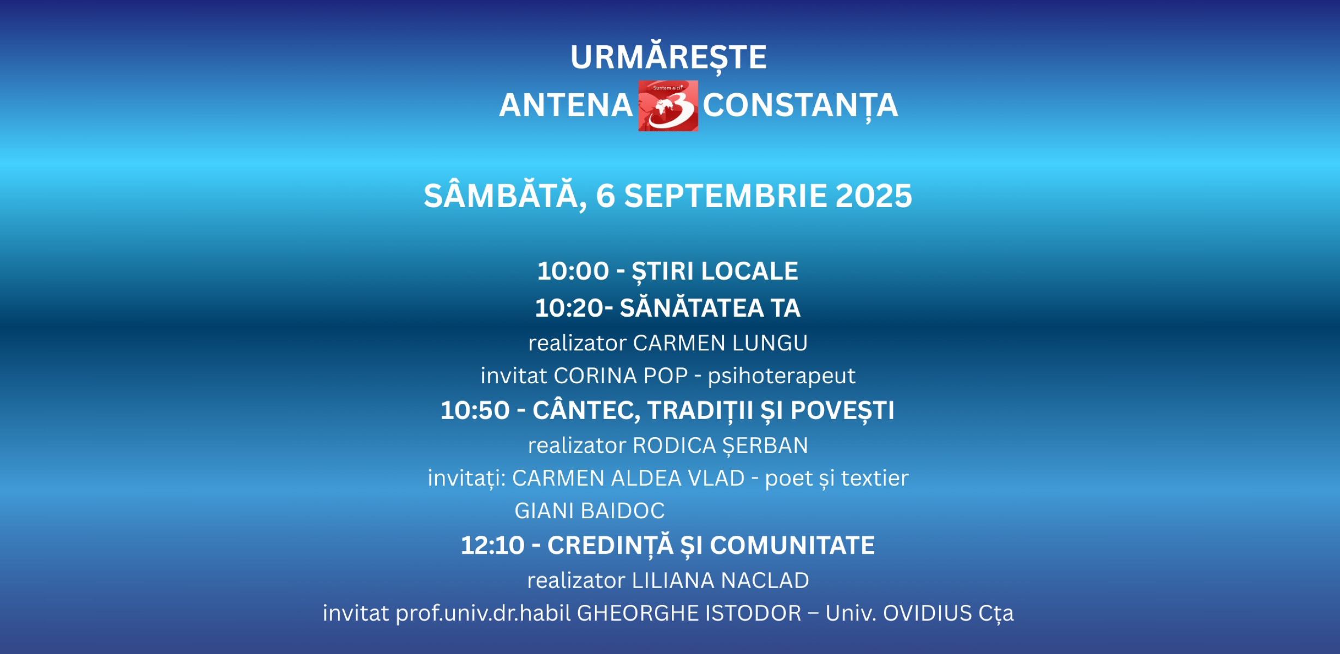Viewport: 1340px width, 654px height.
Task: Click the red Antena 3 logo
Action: [668, 106]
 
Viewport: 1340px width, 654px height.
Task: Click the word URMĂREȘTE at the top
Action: [669, 57]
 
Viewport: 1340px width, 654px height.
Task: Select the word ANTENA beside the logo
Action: [566, 105]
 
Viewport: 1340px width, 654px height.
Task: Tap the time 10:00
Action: [573, 271]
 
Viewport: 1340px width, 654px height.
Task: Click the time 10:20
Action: [569, 308]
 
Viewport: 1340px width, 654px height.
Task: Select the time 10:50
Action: [475, 411]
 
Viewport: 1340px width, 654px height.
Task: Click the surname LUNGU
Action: [770, 343]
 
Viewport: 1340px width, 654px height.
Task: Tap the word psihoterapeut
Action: [782, 376]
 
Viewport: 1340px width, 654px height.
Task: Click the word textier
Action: [875, 479]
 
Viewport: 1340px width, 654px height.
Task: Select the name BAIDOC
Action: [623, 511]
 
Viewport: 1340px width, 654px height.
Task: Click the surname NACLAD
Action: [765, 581]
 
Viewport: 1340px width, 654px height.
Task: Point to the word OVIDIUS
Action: [928, 614]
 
